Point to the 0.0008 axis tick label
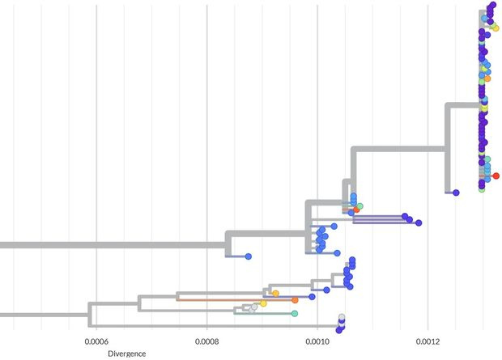(207, 341)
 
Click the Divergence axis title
(127, 354)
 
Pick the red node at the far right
(496, 176)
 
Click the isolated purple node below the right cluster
(457, 193)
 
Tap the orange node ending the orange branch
(296, 299)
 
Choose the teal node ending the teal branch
(295, 313)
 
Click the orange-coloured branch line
(235, 299)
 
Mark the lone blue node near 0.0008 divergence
(249, 256)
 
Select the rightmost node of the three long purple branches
(419, 222)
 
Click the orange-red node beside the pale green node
(356, 210)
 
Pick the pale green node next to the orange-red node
(360, 206)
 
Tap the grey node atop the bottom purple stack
(342, 317)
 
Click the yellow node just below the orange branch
(264, 303)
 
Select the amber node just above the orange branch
(275, 293)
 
